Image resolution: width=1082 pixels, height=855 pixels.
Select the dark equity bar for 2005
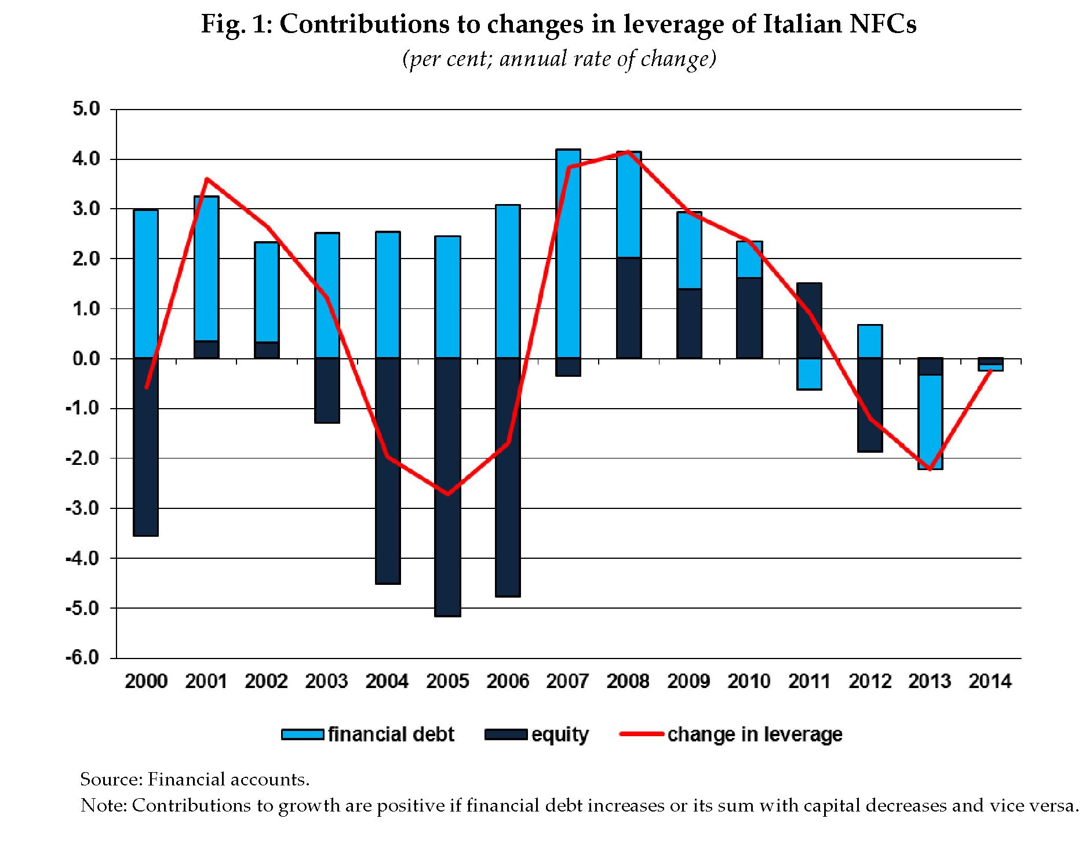(x=447, y=487)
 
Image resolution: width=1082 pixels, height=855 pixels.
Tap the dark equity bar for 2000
(x=145, y=446)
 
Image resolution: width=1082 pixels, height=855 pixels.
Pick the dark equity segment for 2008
(x=629, y=308)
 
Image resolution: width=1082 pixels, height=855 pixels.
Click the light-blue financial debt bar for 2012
(x=870, y=341)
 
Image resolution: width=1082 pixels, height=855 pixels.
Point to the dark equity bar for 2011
(x=809, y=321)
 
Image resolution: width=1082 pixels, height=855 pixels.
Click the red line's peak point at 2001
(x=207, y=179)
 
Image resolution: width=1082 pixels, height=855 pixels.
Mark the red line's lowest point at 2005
(x=447, y=494)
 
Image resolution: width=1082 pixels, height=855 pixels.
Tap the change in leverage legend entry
(x=731, y=734)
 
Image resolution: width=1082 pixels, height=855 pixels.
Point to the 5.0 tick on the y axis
(x=86, y=109)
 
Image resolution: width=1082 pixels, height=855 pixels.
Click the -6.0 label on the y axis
(x=83, y=657)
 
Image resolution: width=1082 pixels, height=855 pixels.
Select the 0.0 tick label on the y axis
(x=86, y=359)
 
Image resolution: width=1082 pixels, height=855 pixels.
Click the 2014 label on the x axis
(x=990, y=681)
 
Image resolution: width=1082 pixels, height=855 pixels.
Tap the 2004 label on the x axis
(x=387, y=681)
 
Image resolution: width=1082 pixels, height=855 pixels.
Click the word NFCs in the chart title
(x=883, y=24)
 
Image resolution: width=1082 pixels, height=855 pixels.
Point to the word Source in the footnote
(x=111, y=779)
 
